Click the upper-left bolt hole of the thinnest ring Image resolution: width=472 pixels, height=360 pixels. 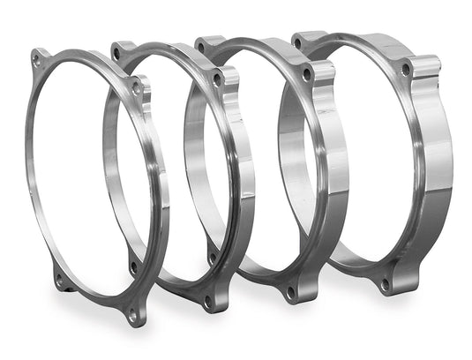36,59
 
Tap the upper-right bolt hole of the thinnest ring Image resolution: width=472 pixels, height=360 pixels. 137,88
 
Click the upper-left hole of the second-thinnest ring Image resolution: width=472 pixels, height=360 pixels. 116,53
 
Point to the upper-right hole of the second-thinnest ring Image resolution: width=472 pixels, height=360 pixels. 217,79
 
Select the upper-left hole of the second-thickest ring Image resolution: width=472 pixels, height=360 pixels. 201,47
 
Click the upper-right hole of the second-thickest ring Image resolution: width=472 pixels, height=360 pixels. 305,75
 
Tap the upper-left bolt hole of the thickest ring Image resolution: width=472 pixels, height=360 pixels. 297,42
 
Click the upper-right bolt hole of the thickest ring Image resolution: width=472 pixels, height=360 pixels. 405,68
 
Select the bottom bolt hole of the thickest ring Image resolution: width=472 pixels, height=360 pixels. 384,283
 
